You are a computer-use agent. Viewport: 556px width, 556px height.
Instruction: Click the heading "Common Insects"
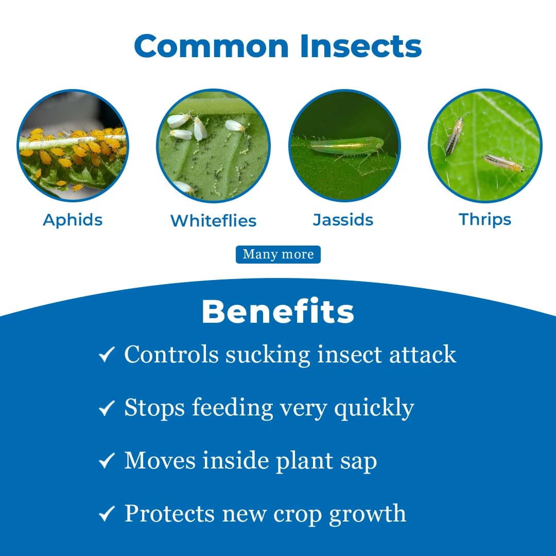click(x=278, y=46)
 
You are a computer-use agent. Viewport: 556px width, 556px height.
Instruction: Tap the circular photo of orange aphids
click(x=73, y=146)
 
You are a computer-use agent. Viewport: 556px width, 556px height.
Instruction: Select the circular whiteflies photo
click(x=213, y=146)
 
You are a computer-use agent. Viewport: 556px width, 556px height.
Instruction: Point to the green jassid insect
click(x=346, y=147)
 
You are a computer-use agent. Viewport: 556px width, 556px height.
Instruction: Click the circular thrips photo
click(x=485, y=145)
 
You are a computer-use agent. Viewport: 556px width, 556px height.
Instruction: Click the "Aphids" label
click(x=73, y=220)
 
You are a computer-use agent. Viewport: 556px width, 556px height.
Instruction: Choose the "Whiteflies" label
click(x=213, y=220)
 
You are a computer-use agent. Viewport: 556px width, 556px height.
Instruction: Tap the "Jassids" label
click(x=343, y=220)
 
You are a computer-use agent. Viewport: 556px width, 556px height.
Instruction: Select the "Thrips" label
click(x=485, y=219)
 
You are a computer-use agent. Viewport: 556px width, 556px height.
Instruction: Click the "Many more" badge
click(x=278, y=254)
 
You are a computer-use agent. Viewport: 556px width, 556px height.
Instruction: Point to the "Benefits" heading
click(x=278, y=311)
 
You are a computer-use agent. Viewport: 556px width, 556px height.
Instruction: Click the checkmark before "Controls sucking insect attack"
click(x=106, y=355)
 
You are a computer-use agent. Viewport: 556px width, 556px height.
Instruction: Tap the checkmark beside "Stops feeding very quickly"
click(x=106, y=409)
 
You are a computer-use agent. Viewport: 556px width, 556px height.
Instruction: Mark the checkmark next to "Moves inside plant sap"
click(x=106, y=461)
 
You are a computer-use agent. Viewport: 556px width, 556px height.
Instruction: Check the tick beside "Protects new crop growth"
click(x=106, y=514)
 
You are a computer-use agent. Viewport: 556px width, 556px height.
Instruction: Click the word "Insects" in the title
click(x=361, y=46)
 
